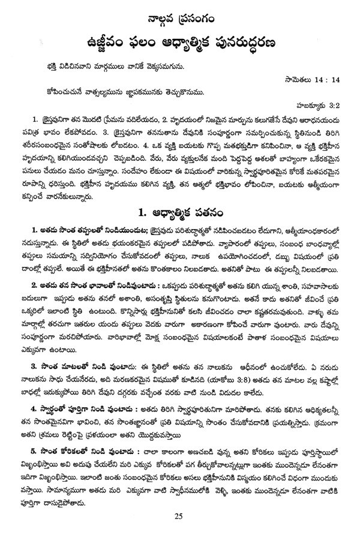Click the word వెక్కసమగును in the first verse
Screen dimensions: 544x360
[171, 65]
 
